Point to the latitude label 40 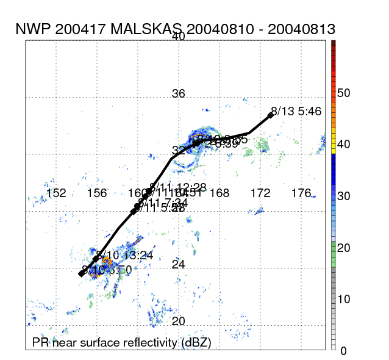pyautogui.click(x=178, y=37)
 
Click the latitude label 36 pyautogui.click(x=178, y=94)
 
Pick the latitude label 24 pyautogui.click(x=178, y=264)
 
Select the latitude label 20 pyautogui.click(x=178, y=321)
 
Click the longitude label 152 pyautogui.click(x=56, y=193)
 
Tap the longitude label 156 pyautogui.click(x=97, y=193)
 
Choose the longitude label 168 pyautogui.click(x=219, y=193)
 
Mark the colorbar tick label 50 pyautogui.click(x=344, y=93)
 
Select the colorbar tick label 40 pyautogui.click(x=344, y=145)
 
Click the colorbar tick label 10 pyautogui.click(x=344, y=299)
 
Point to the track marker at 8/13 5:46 pyautogui.click(x=271, y=115)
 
